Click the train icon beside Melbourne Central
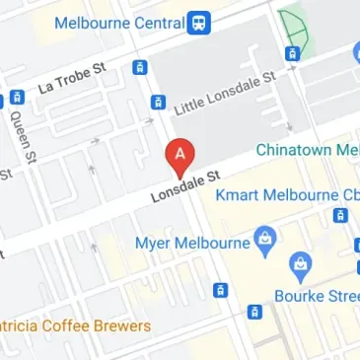200,21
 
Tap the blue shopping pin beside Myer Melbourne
263,238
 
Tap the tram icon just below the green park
291,53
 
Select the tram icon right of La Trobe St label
140,68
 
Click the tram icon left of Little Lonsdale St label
156,103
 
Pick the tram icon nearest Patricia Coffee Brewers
219,290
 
